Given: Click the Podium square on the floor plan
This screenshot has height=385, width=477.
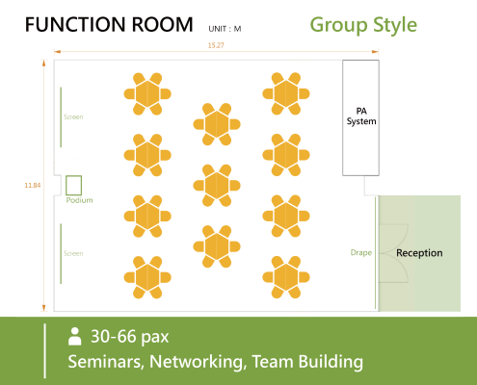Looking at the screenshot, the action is tap(73, 186).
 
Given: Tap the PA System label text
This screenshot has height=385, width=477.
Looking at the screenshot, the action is tap(361, 116).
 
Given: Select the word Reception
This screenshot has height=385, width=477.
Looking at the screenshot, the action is tap(419, 253).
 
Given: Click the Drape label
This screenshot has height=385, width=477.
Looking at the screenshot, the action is tap(361, 253).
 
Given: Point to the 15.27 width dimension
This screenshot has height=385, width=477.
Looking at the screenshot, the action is tap(216, 45).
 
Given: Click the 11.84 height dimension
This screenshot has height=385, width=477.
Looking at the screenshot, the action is tap(33, 185).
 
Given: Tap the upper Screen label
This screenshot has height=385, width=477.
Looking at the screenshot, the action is tap(73, 116).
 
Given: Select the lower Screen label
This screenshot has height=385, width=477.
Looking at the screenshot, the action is tap(73, 253).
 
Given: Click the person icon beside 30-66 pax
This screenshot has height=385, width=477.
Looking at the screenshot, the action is tap(74, 336).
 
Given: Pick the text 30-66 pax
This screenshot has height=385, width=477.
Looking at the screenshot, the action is tap(129, 337).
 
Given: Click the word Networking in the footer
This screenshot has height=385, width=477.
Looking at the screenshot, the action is tap(196, 362).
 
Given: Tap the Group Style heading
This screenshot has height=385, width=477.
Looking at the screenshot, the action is tap(363, 25).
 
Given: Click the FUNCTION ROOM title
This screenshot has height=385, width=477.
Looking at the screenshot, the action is tap(109, 25).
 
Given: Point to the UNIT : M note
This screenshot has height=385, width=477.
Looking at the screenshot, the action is tap(225, 29).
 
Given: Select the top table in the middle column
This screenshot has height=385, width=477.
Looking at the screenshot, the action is tap(217, 124).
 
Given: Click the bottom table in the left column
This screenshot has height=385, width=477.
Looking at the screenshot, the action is tap(147, 277).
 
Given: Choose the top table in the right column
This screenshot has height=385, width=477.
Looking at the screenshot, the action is tap(286, 93).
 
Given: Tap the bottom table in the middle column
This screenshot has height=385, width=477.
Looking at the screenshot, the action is tap(217, 246).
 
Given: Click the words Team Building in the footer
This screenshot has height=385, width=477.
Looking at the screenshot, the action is tap(307, 362).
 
